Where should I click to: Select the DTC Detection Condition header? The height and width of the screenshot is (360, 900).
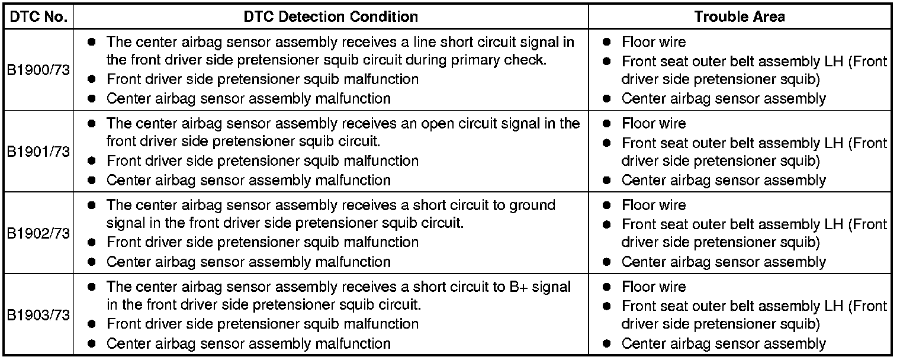tap(330, 16)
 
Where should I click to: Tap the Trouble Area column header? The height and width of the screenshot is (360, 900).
tap(740, 16)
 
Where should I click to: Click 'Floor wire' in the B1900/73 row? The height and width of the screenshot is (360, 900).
tap(654, 42)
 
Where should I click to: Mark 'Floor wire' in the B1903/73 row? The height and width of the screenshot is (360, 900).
tap(654, 287)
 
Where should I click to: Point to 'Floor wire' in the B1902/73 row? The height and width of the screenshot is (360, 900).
tap(654, 205)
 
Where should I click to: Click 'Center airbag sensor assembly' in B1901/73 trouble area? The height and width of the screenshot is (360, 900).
tap(724, 181)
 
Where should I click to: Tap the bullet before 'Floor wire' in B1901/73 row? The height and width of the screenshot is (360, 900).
tap(607, 124)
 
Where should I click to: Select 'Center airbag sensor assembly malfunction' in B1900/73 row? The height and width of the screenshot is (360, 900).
tap(248, 99)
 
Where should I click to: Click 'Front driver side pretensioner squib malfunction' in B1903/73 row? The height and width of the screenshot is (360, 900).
tap(262, 324)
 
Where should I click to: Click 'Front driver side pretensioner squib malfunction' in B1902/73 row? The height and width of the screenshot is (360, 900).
tap(262, 242)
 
